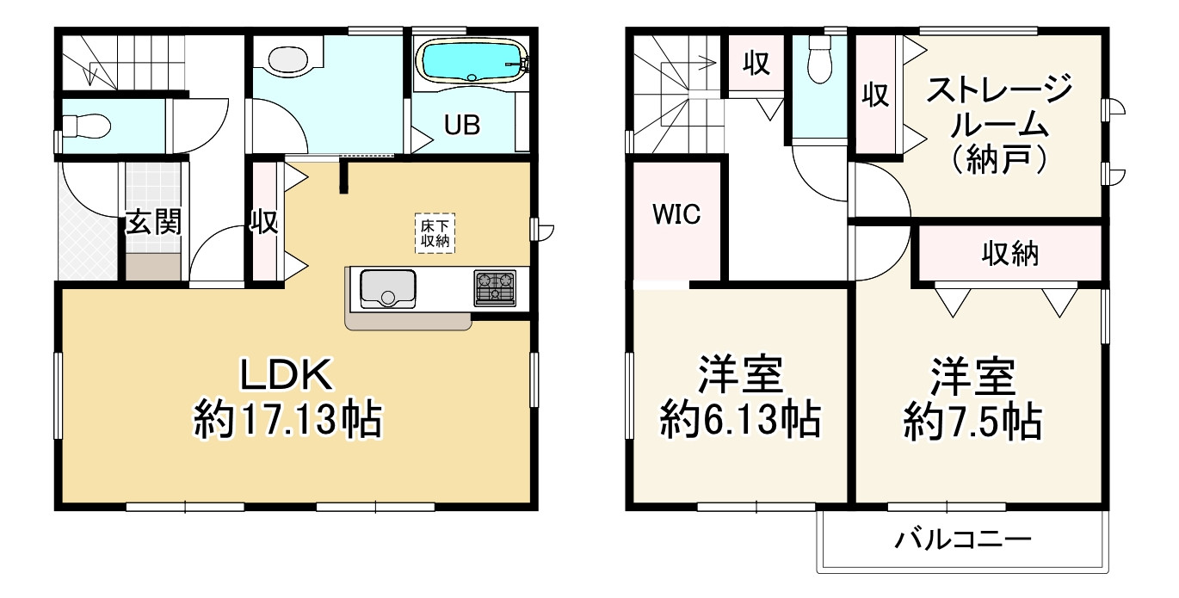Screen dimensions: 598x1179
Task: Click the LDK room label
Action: tap(285, 377)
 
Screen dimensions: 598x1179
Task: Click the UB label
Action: tap(462, 125)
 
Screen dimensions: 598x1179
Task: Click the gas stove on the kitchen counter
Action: tap(494, 287)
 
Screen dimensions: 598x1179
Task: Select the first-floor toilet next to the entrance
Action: tap(86, 126)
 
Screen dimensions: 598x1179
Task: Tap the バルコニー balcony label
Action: tap(961, 540)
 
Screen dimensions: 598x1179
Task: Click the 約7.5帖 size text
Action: tap(972, 421)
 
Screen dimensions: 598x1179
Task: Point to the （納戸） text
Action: tap(999, 160)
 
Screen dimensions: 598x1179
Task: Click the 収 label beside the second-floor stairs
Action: tap(756, 65)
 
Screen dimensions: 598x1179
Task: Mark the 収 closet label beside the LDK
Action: tap(264, 223)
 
